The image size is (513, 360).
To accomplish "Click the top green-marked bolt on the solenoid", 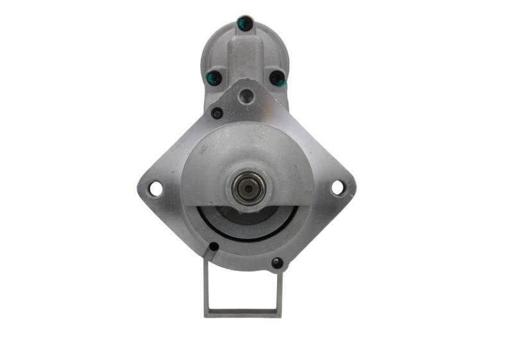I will [245, 24].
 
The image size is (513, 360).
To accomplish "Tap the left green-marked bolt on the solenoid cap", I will [214, 78].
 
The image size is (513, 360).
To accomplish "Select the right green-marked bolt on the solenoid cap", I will [277, 78].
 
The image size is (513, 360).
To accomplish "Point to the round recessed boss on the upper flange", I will [246, 97].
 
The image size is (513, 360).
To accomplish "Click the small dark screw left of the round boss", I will [217, 114].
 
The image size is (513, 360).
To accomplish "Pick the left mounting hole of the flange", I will [155, 189].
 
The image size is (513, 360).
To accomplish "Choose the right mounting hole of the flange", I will [337, 188].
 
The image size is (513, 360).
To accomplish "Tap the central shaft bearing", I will [248, 187].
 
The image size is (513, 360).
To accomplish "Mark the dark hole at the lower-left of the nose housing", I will [214, 247].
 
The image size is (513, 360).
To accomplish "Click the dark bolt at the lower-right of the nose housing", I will [277, 262].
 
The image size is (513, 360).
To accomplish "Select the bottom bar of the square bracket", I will [243, 313].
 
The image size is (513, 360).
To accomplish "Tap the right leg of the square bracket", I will [280, 292].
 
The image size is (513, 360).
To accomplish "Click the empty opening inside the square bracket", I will [243, 289].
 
